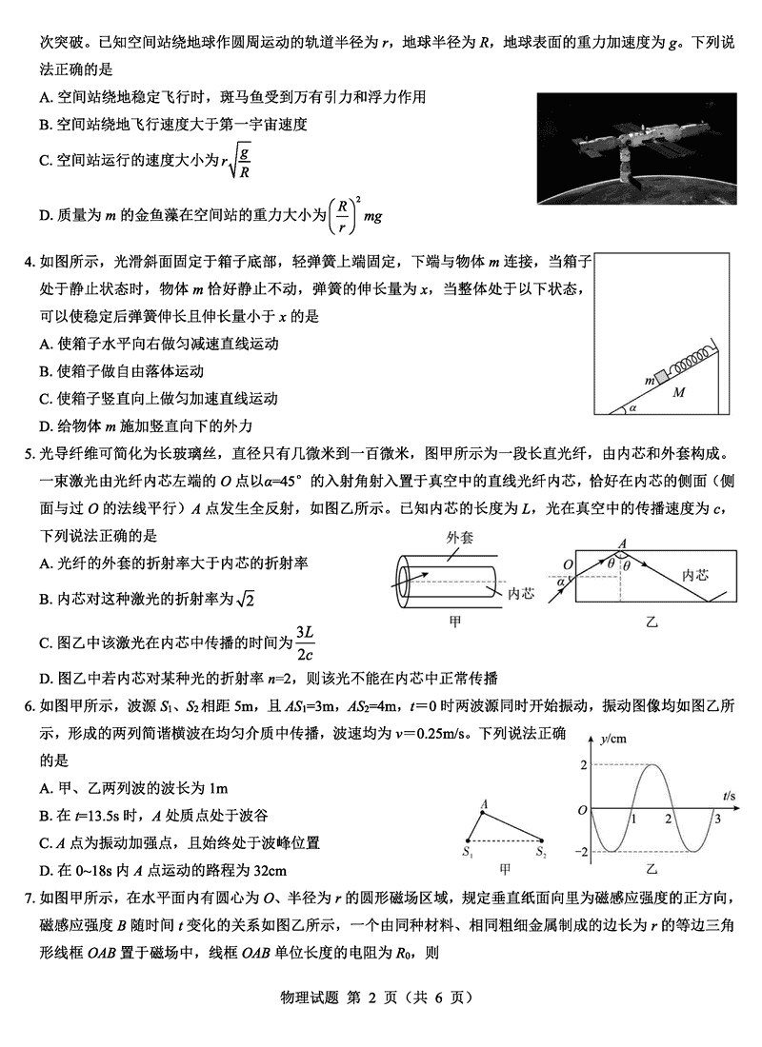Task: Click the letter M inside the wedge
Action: point(678,392)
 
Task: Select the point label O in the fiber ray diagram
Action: point(568,563)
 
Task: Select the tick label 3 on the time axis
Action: point(717,819)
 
